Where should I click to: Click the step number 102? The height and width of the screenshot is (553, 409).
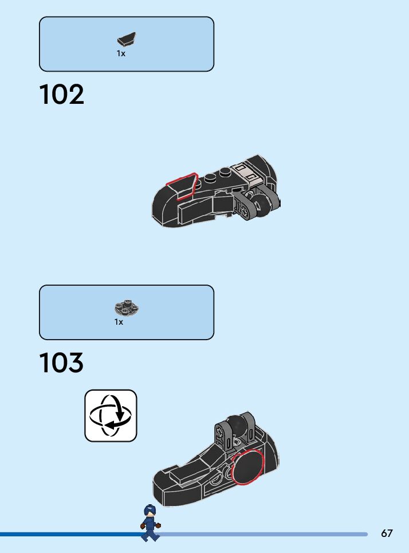61,95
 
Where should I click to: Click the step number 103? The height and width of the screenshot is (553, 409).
61,363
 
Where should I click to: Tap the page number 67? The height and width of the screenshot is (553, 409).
387,533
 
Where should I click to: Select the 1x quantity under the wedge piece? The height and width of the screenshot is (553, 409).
121,53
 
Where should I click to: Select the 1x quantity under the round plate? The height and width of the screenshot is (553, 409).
119,322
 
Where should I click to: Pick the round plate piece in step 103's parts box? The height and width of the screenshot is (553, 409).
127,308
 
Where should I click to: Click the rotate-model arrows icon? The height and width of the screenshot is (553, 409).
111,415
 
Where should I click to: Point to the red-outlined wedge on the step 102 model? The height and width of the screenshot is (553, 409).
182,186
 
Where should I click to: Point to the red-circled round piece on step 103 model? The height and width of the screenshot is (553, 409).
247,467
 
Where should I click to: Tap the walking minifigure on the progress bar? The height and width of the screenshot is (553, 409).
150,523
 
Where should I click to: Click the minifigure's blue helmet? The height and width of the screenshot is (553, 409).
150,509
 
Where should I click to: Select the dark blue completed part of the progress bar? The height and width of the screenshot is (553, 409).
69,534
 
